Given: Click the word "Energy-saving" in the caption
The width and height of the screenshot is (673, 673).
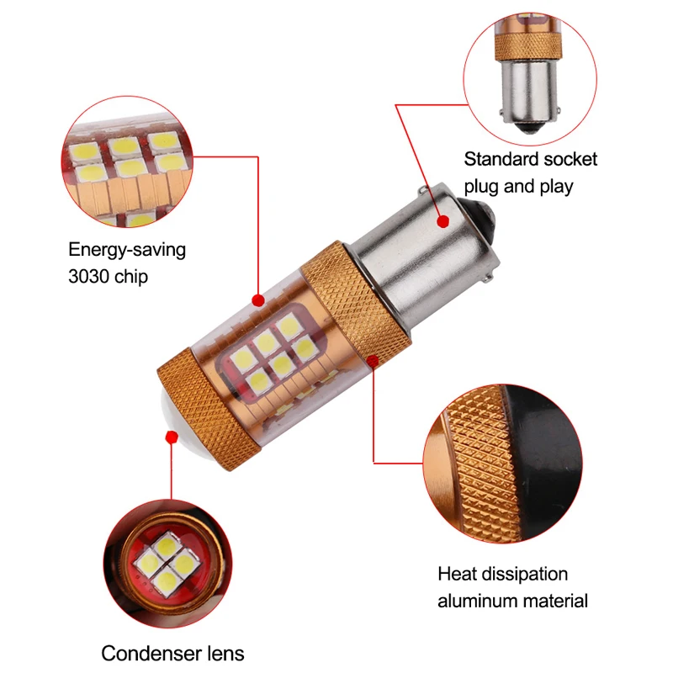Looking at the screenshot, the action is coord(127,250).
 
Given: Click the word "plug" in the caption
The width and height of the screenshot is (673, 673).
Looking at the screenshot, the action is coord(484,185).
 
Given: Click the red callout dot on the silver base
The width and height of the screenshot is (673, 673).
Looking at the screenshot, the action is coord(442,220).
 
